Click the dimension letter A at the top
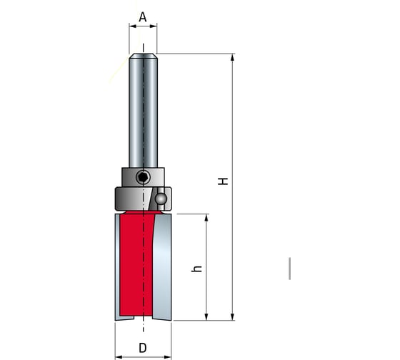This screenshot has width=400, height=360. coord(143,16)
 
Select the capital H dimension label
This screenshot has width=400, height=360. coord(224,182)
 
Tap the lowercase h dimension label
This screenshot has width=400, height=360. coord(198,269)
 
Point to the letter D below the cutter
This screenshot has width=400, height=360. coord(143,348)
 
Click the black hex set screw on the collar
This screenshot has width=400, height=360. coord(143,176)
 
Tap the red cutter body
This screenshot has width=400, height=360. coord(136,264)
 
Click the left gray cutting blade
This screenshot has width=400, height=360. coord(118,268)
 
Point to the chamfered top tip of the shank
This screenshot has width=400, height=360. coord(143,56)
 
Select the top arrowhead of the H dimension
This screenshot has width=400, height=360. coord(233,58)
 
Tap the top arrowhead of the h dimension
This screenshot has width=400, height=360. coord(207,218)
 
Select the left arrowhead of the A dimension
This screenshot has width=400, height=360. coord(132,26)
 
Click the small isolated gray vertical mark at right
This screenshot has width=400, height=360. coord(289,267)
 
